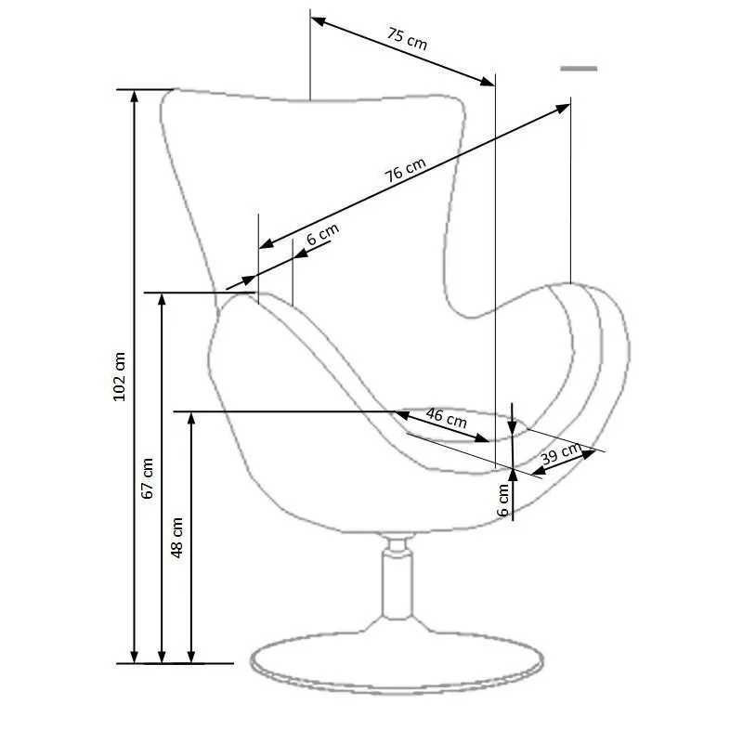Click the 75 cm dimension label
coord(407,39)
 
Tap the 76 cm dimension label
coord(405,170)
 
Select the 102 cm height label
coord(120,377)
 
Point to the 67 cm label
coord(148,478)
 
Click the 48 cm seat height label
coord(176,538)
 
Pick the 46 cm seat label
coord(447,417)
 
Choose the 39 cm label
coord(561,454)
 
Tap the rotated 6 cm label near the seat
coord(503,500)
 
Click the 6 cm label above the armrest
coord(322,234)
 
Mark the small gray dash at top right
coord(579,69)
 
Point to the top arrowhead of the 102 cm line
coord(134,97)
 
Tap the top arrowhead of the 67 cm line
coord(162,300)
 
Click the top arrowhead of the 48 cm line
coord(191,420)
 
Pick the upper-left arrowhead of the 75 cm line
coord(319,21)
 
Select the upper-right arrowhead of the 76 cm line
coord(563,109)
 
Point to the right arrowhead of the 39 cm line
coord(589,454)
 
